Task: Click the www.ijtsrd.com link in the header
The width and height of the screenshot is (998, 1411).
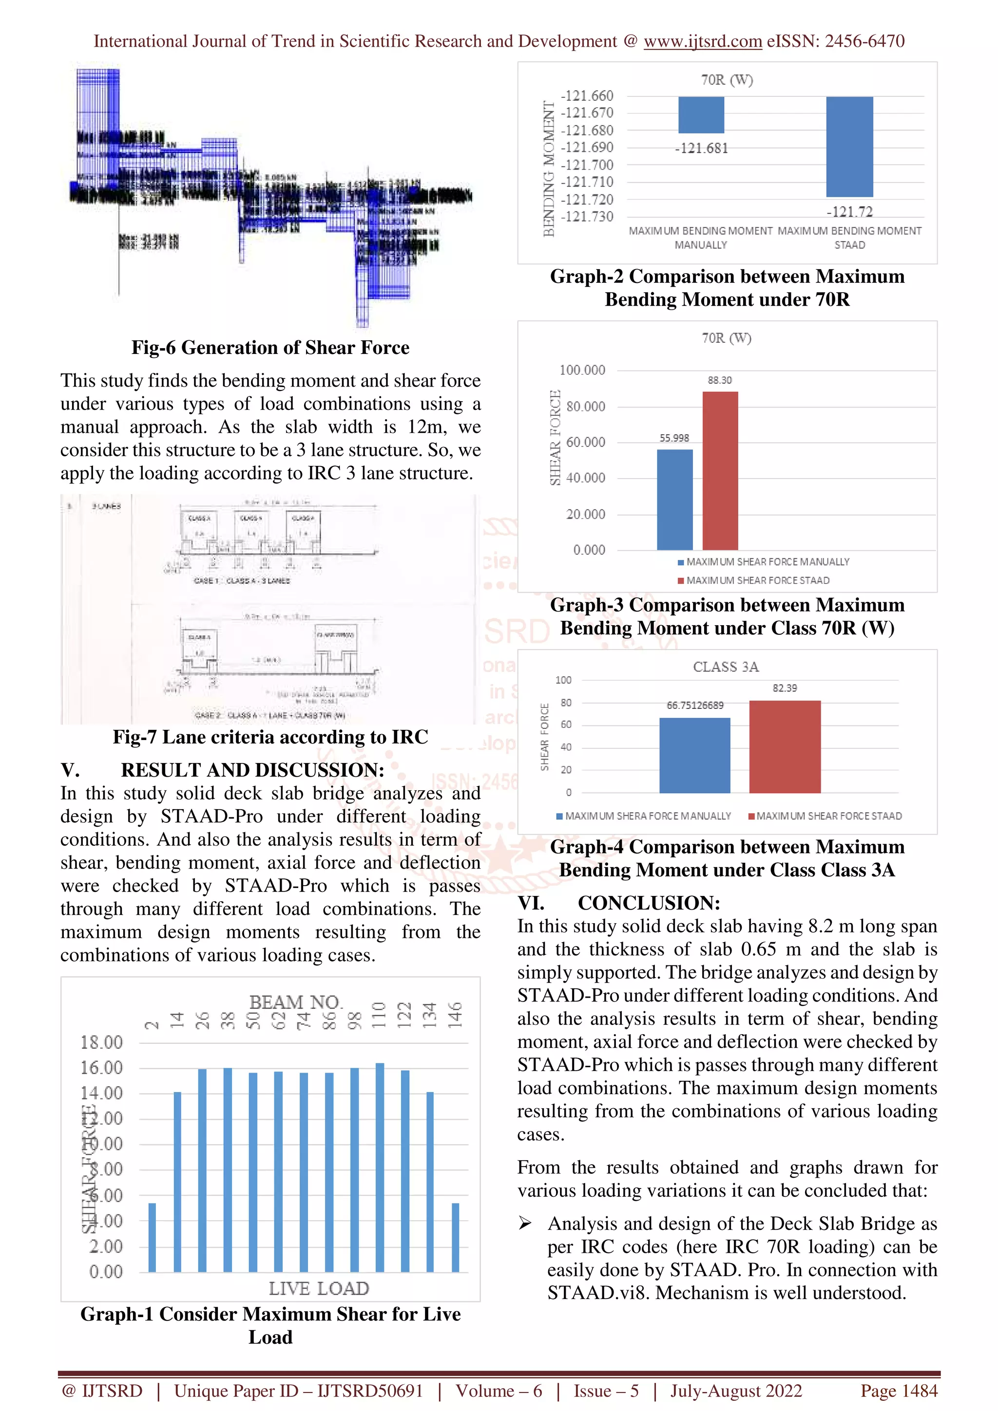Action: (702, 41)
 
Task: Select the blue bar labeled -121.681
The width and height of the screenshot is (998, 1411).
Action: (701, 115)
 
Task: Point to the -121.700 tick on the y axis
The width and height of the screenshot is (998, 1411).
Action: (587, 165)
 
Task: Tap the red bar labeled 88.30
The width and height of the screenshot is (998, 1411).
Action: (720, 470)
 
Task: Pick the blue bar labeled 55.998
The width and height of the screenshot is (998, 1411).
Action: (674, 499)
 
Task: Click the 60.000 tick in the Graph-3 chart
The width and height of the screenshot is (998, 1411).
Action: (585, 442)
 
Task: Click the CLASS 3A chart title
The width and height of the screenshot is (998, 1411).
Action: (726, 667)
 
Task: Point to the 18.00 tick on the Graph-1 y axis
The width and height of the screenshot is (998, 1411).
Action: (101, 1042)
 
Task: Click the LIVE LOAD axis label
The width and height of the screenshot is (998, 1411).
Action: (319, 1288)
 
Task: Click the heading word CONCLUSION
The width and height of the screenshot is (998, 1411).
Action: (649, 903)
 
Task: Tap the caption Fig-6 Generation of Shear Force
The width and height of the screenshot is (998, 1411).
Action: (270, 347)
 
